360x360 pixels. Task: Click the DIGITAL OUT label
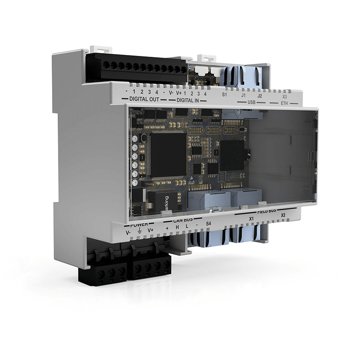click(144, 99)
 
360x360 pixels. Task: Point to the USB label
click(252, 102)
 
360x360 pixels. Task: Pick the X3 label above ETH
click(285, 97)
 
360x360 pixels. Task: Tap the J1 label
click(244, 96)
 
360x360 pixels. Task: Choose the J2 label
click(260, 96)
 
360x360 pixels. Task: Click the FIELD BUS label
click(266, 210)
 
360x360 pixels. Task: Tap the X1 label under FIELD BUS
click(251, 219)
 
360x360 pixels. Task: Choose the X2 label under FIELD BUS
click(282, 215)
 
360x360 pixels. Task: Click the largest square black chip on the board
click(168, 154)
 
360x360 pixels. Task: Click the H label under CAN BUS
click(178, 227)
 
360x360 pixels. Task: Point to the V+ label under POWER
click(150, 231)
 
